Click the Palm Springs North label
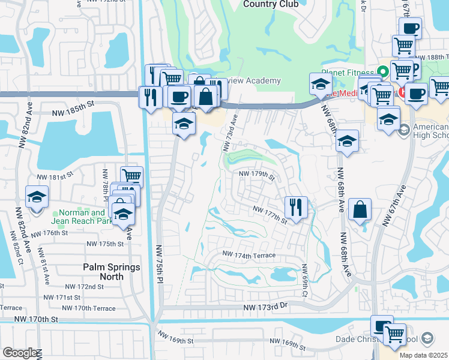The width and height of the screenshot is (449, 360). [x=111, y=272]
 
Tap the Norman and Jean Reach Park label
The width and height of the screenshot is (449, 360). [x=80, y=216]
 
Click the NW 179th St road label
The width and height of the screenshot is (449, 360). [x=256, y=175]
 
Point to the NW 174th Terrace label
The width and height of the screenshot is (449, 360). [x=249, y=255]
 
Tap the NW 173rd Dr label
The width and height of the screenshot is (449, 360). [x=266, y=307]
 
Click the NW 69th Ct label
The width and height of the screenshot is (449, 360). [x=305, y=280]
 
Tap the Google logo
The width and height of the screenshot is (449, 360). [x=20, y=353]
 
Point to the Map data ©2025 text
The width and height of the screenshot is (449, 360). [x=423, y=355]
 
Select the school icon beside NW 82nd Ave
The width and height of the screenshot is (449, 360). [x=37, y=197]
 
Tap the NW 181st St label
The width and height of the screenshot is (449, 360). [x=55, y=177]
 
